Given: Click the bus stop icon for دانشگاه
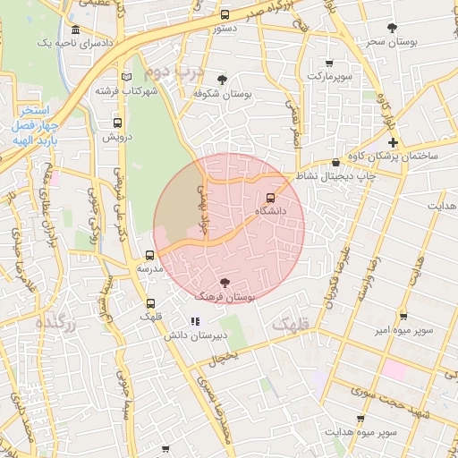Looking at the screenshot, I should tap(271, 198).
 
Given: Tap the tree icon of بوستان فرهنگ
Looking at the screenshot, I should tap(224, 283).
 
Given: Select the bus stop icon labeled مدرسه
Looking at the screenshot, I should tap(149, 255).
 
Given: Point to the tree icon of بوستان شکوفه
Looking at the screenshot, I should tap(222, 80).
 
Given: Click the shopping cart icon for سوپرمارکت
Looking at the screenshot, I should tap(329, 63).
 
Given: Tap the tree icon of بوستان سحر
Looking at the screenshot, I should tap(392, 29).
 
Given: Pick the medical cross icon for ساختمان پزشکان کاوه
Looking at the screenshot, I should tap(392, 143).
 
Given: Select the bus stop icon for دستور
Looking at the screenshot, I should tap(224, 14).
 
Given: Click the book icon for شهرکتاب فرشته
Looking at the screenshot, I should tap(126, 77).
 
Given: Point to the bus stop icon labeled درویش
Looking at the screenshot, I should tap(117, 123).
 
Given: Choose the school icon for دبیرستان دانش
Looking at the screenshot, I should tap(196, 321).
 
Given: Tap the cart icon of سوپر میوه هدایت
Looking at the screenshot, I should tap(360, 419).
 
